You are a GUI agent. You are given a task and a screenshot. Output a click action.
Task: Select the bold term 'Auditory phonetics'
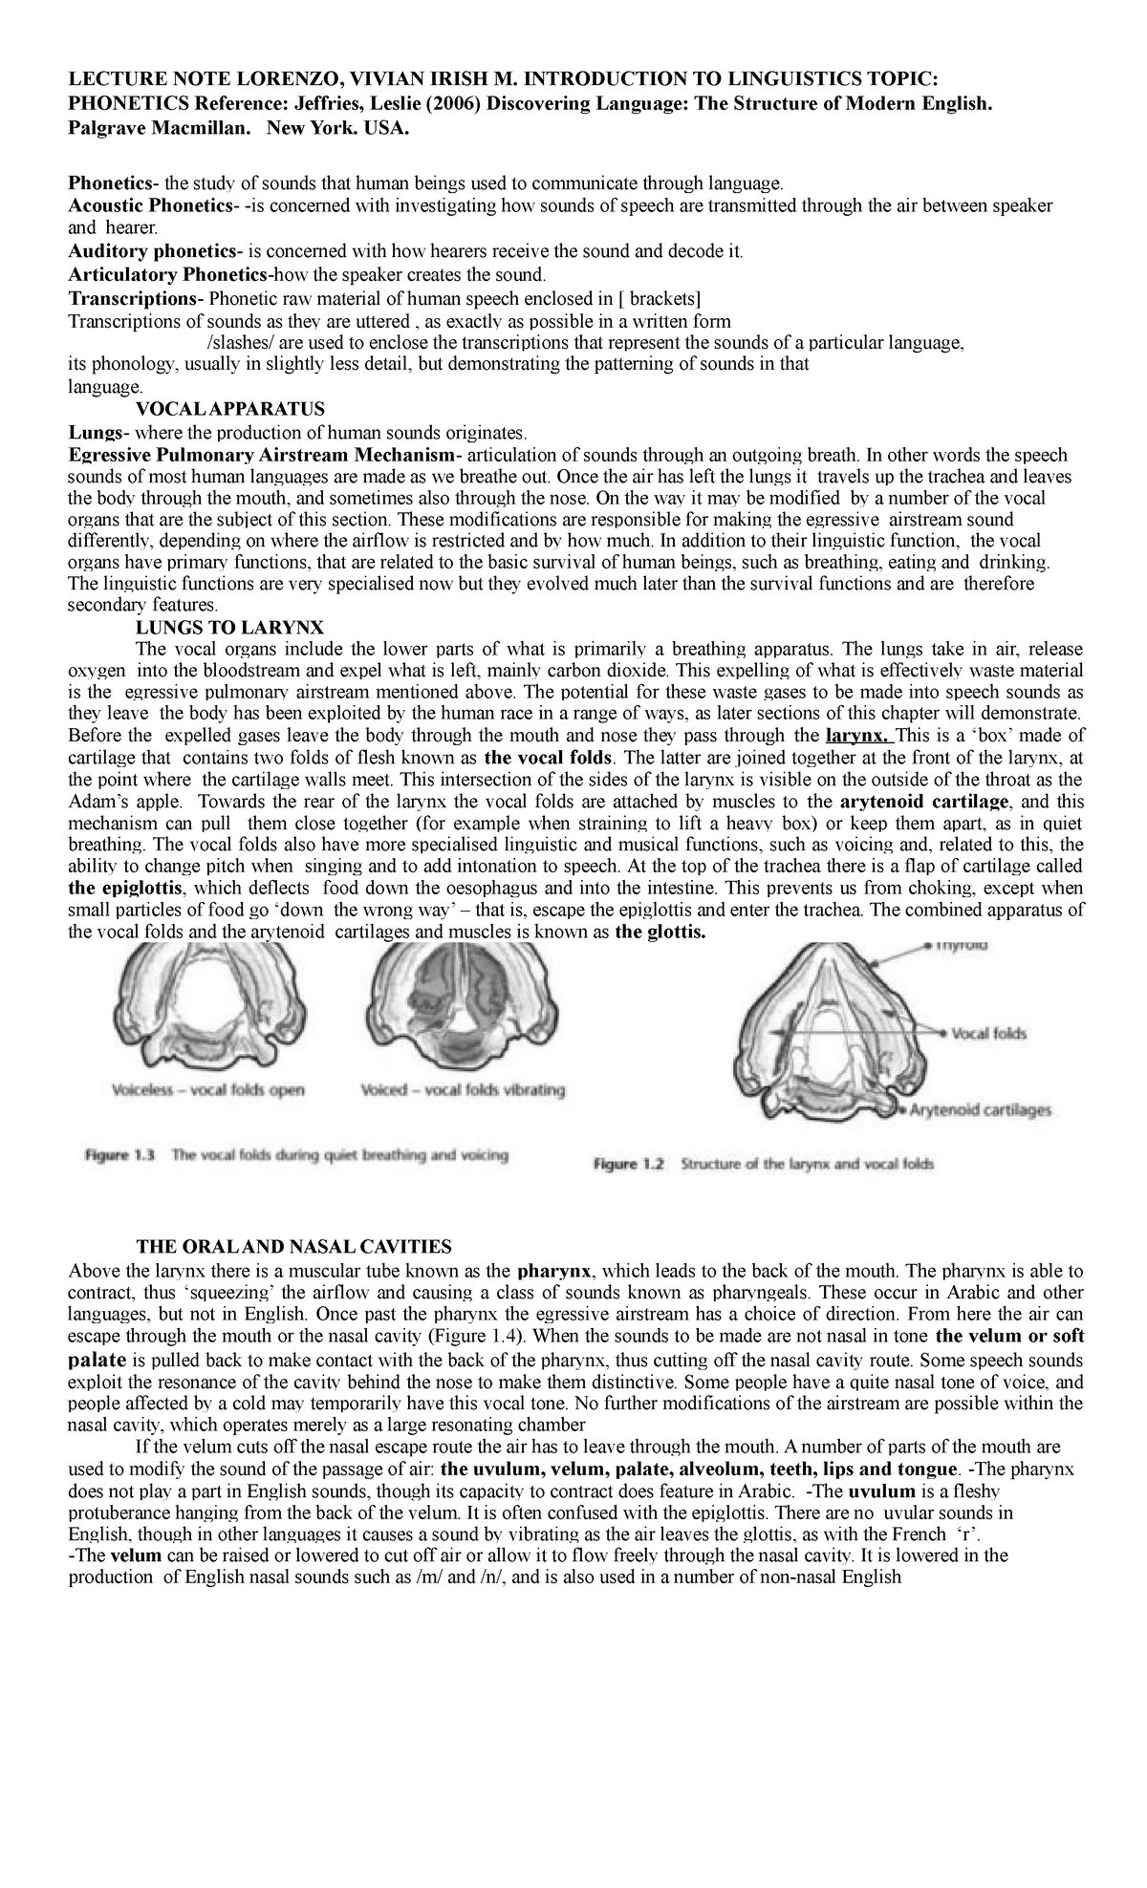(151, 251)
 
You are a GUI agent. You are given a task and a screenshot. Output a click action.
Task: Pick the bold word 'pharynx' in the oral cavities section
(553, 1271)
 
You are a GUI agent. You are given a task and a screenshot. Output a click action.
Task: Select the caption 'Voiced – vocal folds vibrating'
(464, 1089)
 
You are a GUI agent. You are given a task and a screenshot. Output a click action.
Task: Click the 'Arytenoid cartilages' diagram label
(981, 1110)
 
